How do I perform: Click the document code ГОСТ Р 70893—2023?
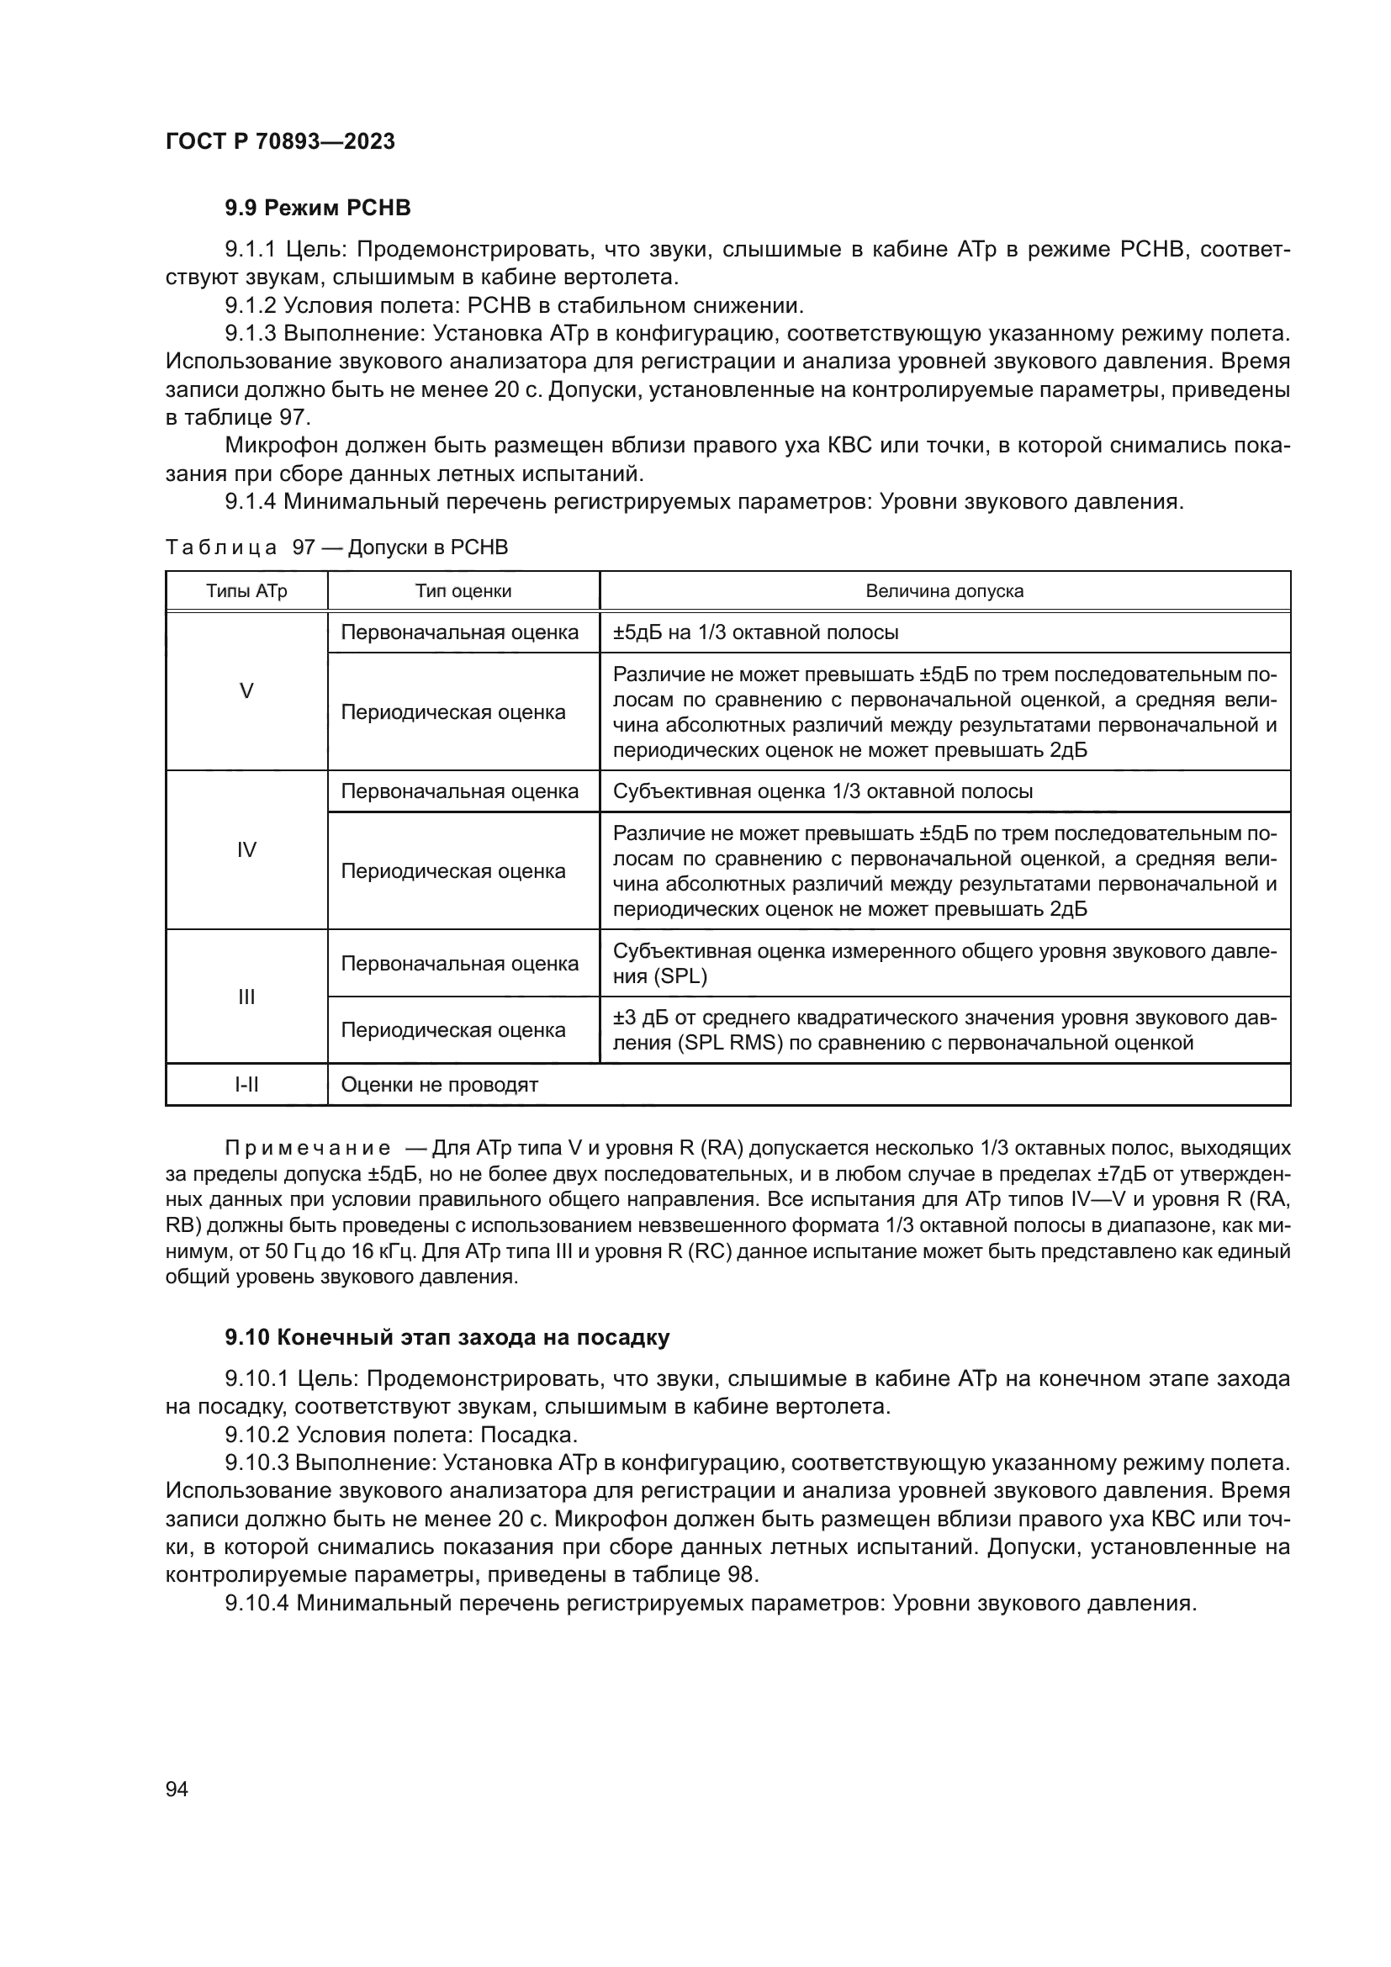(x=280, y=141)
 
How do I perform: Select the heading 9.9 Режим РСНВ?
(x=318, y=209)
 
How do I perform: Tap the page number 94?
(x=177, y=1789)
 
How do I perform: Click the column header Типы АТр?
(x=246, y=591)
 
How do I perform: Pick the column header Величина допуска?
(x=944, y=591)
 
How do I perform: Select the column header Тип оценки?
(x=463, y=591)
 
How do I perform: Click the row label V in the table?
(x=246, y=691)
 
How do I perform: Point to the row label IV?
(x=246, y=850)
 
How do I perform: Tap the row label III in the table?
(x=246, y=997)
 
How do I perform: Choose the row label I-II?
(x=246, y=1086)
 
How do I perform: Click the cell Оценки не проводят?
(x=439, y=1086)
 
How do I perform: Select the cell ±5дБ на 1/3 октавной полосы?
(x=755, y=633)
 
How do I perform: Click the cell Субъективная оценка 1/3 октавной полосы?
(x=822, y=791)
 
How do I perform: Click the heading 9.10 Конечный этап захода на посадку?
(x=447, y=1337)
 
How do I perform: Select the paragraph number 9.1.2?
(x=250, y=306)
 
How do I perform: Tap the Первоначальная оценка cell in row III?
(x=460, y=964)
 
